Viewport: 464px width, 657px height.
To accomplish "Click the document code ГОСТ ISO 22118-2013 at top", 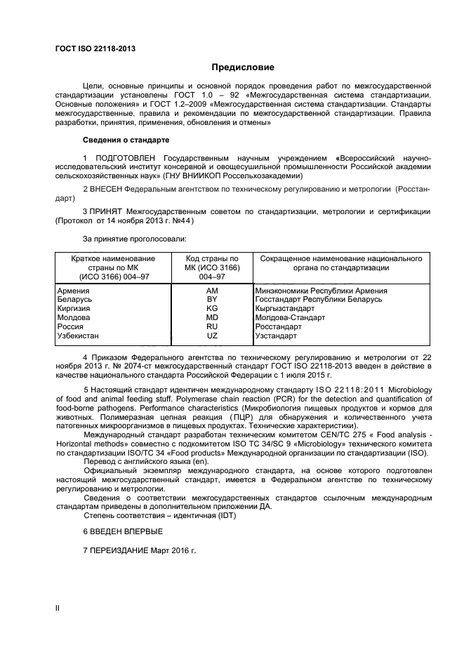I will click(x=95, y=48).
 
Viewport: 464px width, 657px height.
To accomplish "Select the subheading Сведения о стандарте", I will click(x=126, y=140).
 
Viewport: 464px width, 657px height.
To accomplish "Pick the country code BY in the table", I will click(x=212, y=299).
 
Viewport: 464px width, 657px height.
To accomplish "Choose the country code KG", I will click(x=212, y=308).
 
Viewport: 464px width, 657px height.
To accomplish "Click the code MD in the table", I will click(x=212, y=317).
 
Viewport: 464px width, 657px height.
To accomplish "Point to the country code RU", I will click(x=212, y=326).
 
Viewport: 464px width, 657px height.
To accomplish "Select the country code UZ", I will click(x=212, y=336).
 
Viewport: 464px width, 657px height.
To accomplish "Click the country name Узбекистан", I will click(x=78, y=336).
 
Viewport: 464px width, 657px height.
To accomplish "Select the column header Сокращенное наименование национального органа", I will click(x=340, y=263).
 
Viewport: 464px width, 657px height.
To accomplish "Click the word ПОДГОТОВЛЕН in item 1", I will click(x=124, y=159).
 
